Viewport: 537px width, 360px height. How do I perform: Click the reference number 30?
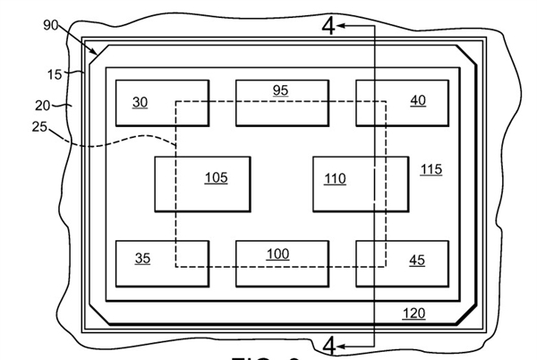(x=140, y=101)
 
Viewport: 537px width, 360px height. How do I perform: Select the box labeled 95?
(x=281, y=102)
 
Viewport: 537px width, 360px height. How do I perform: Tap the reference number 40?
(x=418, y=100)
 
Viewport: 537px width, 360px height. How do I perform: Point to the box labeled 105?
(x=202, y=184)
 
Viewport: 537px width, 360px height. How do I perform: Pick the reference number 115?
(x=431, y=168)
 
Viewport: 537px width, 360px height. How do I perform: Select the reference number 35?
(x=142, y=259)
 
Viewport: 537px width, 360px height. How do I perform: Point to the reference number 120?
(x=413, y=313)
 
